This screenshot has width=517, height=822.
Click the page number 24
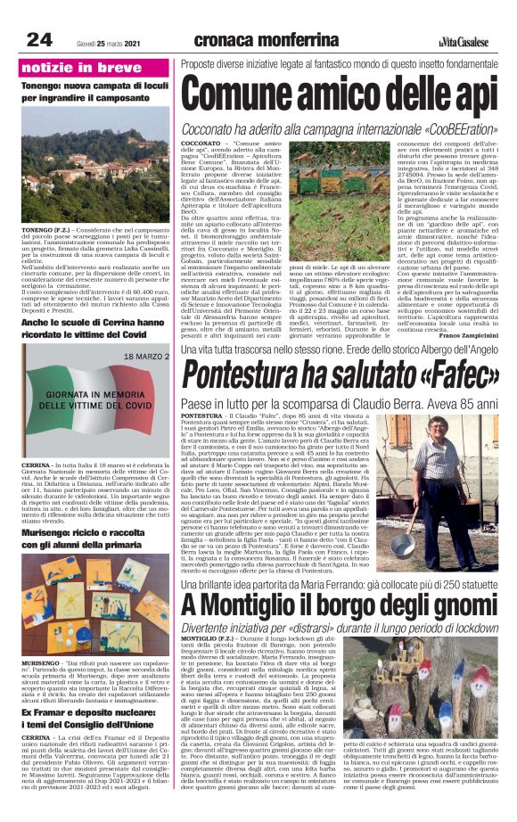point(38,39)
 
